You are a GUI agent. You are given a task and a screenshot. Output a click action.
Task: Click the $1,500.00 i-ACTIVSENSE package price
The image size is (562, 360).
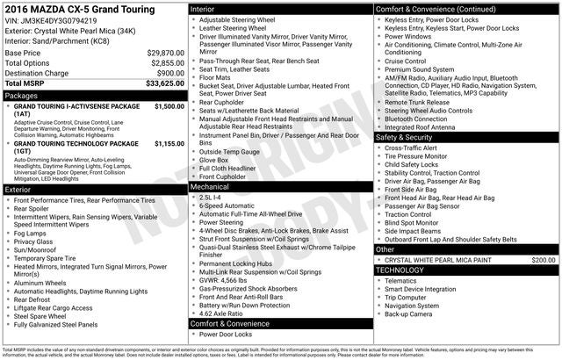coord(169,106)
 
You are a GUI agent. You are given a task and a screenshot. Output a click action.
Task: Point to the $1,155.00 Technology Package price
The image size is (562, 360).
coord(169,143)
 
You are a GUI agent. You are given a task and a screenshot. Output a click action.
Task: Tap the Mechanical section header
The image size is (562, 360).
coord(211,187)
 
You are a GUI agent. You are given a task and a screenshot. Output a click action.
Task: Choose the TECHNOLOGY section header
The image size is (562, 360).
coord(400,270)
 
